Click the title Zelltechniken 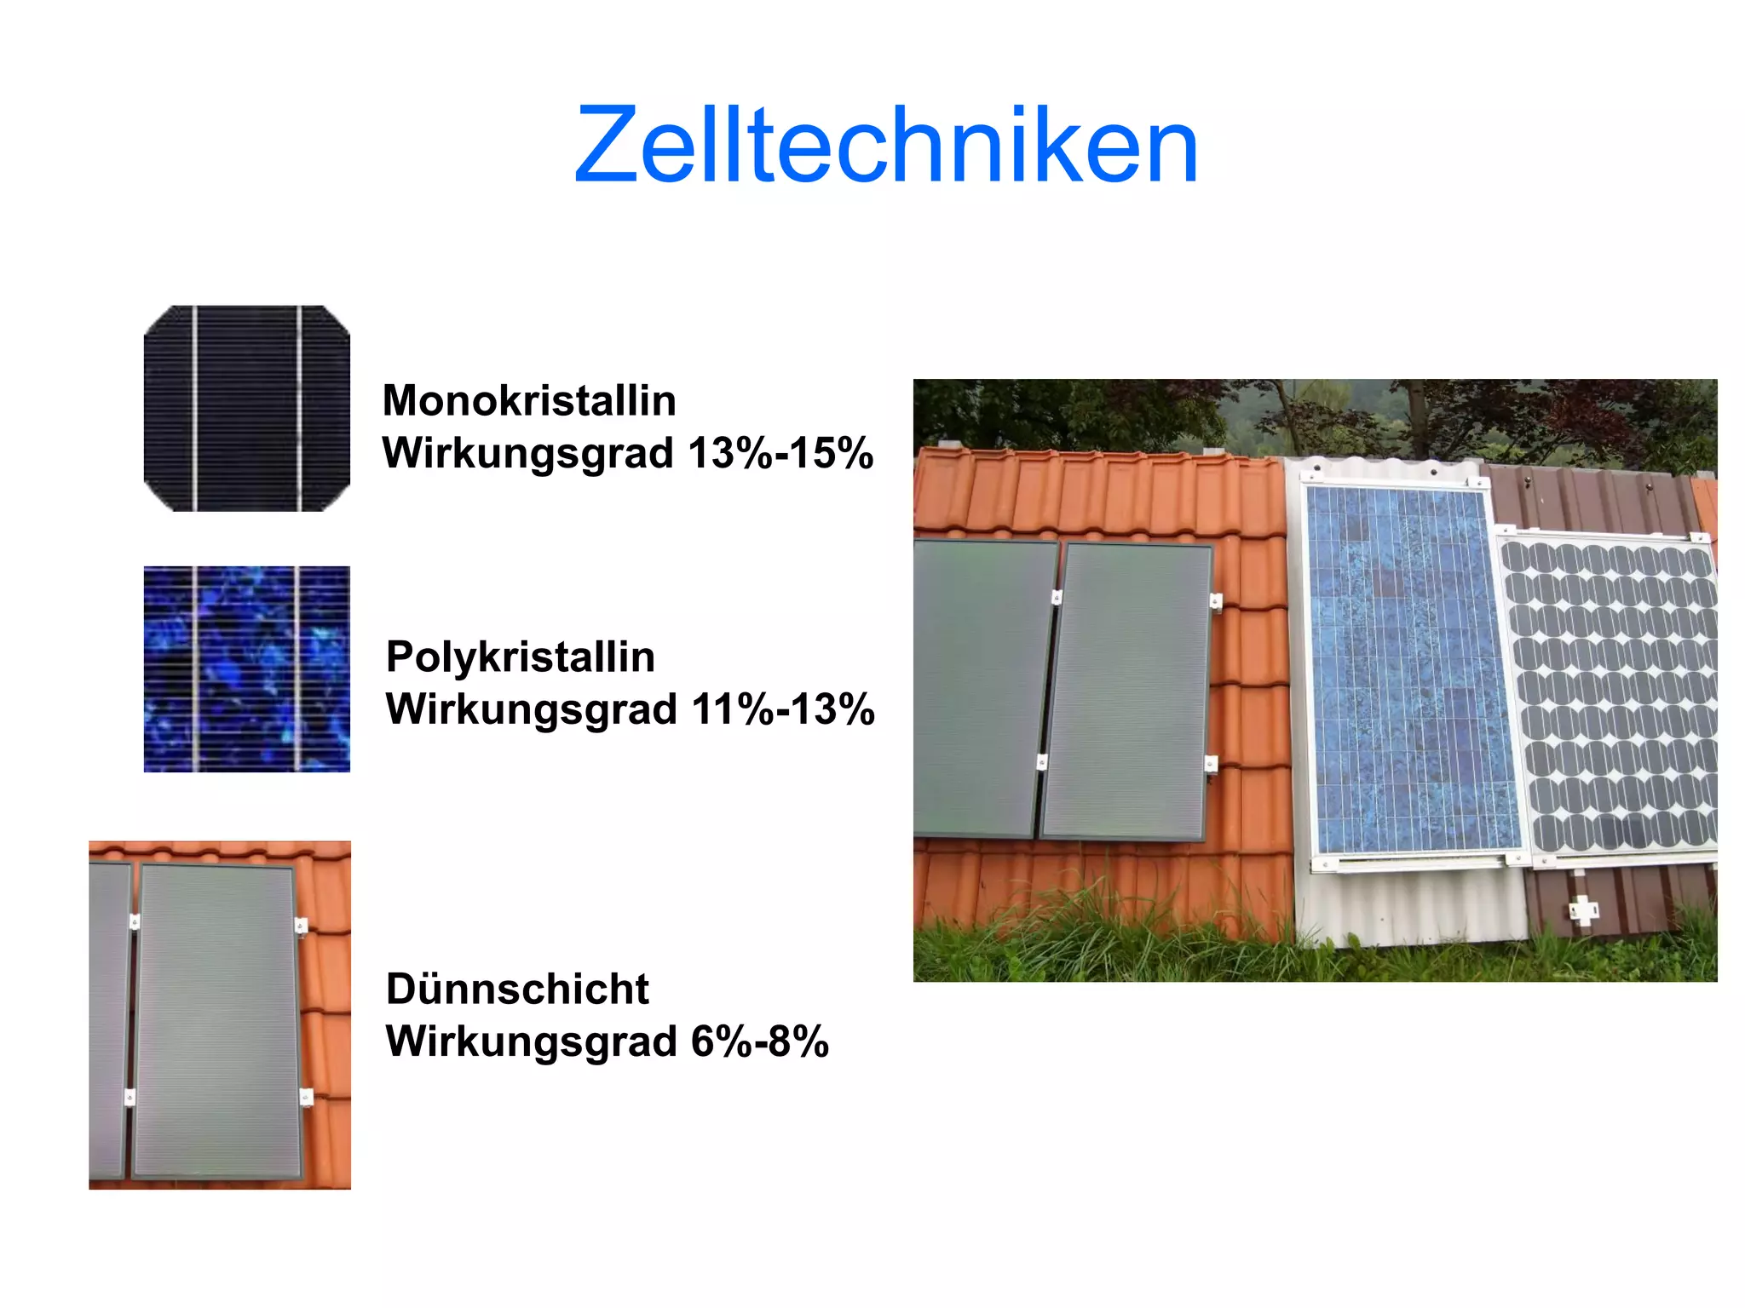coord(886,145)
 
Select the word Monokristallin coord(529,401)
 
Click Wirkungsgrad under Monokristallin coord(528,453)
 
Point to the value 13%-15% coord(780,453)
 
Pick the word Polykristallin coord(521,657)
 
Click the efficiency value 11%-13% coord(783,709)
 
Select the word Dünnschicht coord(517,990)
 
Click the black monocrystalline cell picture coord(246,408)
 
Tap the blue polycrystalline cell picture coord(246,669)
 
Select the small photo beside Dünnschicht coord(219,1015)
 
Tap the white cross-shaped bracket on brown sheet coord(1583,910)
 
